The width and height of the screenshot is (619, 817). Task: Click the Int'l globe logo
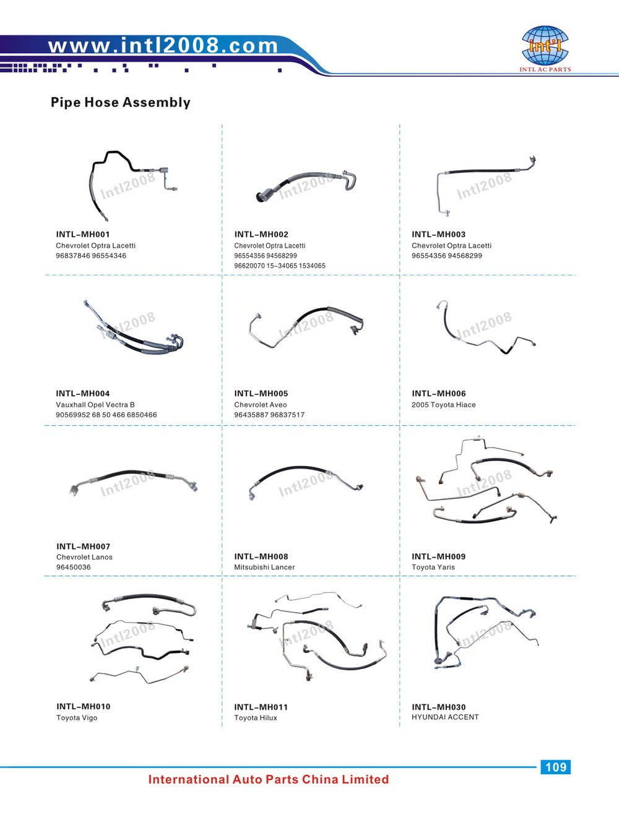(545, 45)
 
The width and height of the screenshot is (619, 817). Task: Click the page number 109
(555, 767)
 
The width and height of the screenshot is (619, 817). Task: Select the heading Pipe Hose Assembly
(120, 102)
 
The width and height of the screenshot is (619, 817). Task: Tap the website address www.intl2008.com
(163, 46)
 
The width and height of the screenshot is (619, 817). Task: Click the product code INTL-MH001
(83, 234)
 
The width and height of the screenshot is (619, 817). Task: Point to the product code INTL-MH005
(261, 394)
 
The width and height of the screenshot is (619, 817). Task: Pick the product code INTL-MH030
(438, 707)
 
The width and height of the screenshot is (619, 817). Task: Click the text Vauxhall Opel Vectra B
(95, 405)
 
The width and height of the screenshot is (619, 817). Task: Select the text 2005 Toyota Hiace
(444, 405)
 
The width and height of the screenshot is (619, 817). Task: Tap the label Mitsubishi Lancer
(264, 567)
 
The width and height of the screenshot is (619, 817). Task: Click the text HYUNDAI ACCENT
(445, 717)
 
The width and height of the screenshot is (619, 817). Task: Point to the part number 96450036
(73, 567)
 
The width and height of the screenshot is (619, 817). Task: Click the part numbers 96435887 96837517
(269, 415)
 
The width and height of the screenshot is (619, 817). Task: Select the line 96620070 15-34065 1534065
(280, 266)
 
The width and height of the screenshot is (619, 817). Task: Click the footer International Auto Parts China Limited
(269, 779)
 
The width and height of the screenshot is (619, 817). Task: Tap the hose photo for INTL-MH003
(486, 185)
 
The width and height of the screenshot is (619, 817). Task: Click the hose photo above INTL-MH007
(133, 482)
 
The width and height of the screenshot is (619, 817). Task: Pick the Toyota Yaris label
(433, 567)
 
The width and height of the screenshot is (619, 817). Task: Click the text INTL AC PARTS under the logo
(545, 69)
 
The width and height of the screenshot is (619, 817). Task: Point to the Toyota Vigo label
(77, 717)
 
